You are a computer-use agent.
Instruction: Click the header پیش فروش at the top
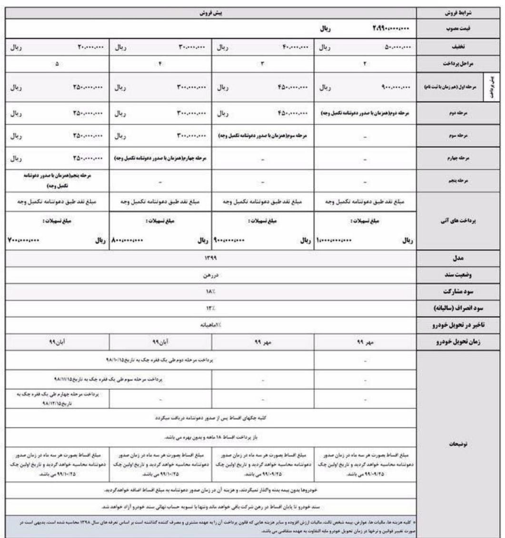pyautogui.click(x=206, y=15)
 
